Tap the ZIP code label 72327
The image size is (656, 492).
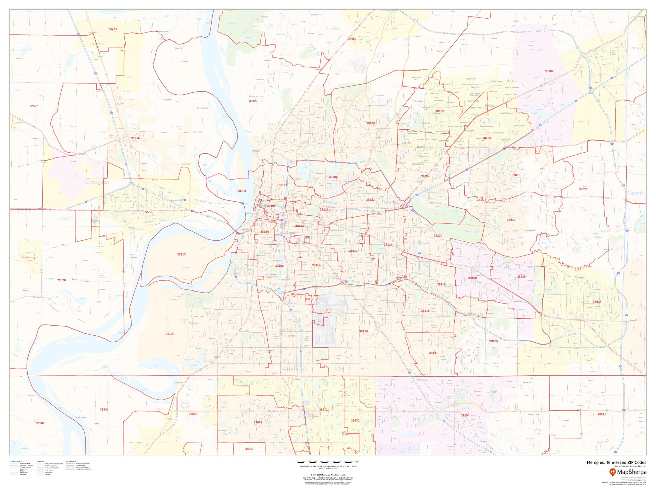tap(34, 106)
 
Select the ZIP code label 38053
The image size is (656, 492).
tap(352, 39)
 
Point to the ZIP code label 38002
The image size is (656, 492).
tap(549, 71)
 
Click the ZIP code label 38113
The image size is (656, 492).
tap(181, 255)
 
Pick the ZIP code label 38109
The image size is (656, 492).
tap(170, 334)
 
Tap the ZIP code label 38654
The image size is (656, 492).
tap(465, 415)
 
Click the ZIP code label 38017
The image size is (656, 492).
tap(597, 302)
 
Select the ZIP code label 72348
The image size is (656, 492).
tap(40, 423)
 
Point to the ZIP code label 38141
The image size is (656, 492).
tap(433, 353)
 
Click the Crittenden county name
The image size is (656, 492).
tap(97, 183)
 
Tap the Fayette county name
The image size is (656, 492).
tap(635, 193)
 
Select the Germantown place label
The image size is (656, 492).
tap(493, 278)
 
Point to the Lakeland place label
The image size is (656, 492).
tap(540, 91)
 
